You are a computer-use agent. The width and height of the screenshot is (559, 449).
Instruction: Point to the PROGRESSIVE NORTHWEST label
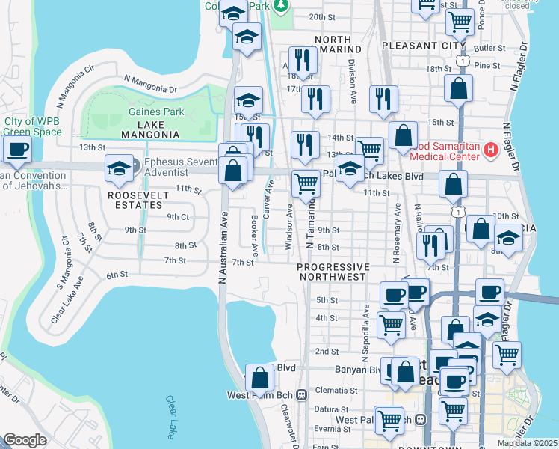tap(333, 272)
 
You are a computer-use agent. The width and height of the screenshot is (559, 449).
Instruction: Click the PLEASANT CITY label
tap(423, 46)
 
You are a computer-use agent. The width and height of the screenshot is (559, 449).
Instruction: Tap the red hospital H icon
tap(490, 150)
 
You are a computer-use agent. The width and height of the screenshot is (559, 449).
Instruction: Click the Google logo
tap(25, 440)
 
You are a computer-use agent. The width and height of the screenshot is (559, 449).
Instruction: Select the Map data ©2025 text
tap(527, 443)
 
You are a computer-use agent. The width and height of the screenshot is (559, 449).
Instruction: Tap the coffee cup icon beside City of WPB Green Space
tap(16, 148)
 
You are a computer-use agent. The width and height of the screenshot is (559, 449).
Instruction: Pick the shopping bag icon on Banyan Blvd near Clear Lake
tap(259, 377)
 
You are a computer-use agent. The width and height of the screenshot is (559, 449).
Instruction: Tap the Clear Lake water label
tap(171, 418)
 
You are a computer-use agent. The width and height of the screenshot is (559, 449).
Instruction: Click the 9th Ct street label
tap(178, 216)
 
